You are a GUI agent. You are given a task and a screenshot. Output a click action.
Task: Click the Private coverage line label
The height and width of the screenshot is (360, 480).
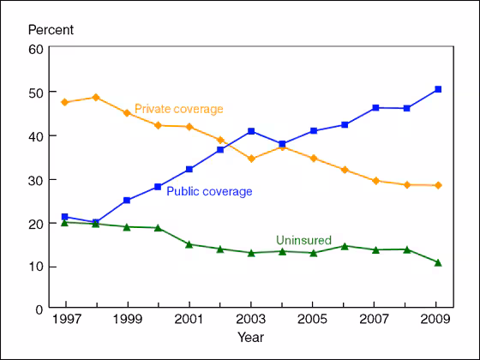(x=178, y=109)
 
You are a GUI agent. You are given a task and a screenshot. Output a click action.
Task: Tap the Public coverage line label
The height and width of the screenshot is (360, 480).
(x=209, y=191)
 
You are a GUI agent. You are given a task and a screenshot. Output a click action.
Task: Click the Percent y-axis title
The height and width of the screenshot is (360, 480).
(x=51, y=30)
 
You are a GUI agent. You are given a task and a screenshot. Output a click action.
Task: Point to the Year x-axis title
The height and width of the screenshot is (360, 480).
(x=250, y=337)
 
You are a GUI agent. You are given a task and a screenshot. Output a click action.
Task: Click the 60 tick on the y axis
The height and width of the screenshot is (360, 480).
(x=36, y=49)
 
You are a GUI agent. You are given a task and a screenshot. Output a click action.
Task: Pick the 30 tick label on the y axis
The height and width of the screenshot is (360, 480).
(x=36, y=180)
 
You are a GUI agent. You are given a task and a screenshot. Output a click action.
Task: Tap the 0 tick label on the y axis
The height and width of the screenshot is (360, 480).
(x=39, y=309)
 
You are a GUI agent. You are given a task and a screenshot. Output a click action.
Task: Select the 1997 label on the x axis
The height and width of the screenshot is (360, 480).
(x=65, y=321)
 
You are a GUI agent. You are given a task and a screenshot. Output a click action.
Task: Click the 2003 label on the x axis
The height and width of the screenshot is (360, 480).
(x=251, y=321)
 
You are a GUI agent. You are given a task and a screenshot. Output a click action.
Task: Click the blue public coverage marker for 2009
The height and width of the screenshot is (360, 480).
(x=437, y=89)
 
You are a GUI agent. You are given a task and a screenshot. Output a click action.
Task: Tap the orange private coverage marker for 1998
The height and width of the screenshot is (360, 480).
(x=96, y=97)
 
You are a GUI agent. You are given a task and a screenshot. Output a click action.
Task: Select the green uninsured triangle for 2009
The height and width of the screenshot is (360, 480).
(x=437, y=262)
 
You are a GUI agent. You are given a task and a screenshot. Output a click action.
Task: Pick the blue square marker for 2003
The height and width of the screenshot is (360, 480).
(x=251, y=131)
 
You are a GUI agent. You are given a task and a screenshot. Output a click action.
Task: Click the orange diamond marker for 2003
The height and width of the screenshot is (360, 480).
(x=251, y=159)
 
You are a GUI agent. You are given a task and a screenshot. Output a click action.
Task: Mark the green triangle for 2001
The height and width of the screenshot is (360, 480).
(x=189, y=244)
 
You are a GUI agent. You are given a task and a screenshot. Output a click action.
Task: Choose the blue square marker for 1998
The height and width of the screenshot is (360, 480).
(x=96, y=222)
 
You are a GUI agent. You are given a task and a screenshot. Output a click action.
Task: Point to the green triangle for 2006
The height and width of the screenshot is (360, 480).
(x=345, y=246)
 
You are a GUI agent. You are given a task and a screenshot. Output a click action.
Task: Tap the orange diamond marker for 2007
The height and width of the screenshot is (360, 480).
(x=375, y=181)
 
